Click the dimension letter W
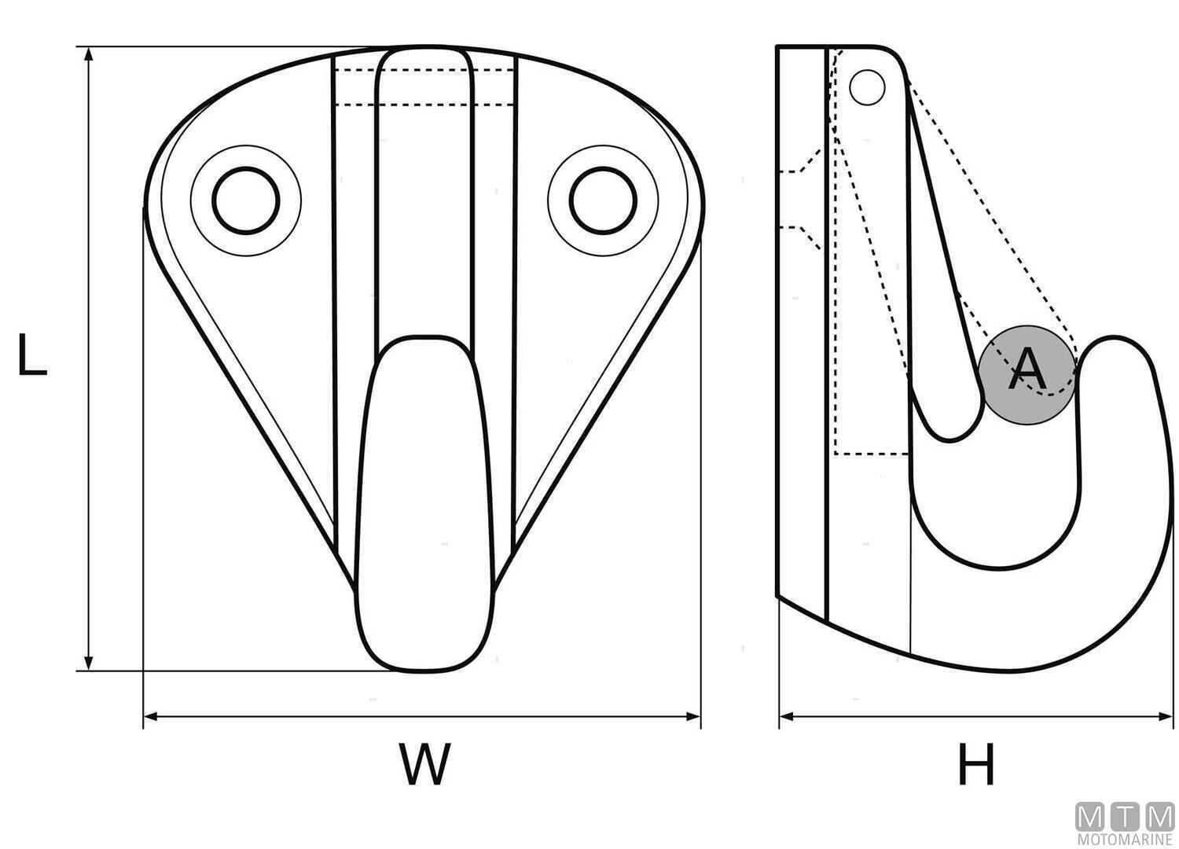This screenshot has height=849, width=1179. tap(424, 763)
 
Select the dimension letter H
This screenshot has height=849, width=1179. tap(976, 764)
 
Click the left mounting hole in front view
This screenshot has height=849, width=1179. tap(246, 200)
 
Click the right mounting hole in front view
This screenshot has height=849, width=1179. tap(603, 200)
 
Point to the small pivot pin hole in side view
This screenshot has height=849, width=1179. tap(868, 87)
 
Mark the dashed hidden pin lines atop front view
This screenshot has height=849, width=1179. tap(424, 87)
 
